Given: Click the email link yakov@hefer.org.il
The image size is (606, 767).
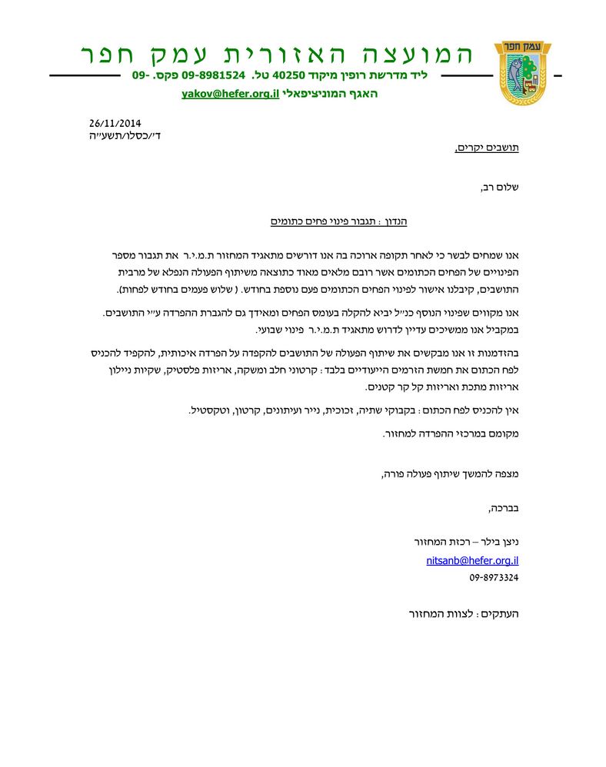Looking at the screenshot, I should [x=230, y=94].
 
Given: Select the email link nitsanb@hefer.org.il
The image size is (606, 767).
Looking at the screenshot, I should [x=472, y=561].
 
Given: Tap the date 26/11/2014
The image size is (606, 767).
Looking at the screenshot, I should [x=115, y=123].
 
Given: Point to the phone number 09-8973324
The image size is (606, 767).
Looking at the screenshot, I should [x=494, y=577].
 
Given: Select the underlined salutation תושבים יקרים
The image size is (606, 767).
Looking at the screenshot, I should [x=488, y=148].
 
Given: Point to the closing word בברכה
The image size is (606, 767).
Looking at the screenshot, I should [x=503, y=508].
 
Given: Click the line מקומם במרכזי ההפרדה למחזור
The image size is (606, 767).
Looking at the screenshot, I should [x=451, y=433].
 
